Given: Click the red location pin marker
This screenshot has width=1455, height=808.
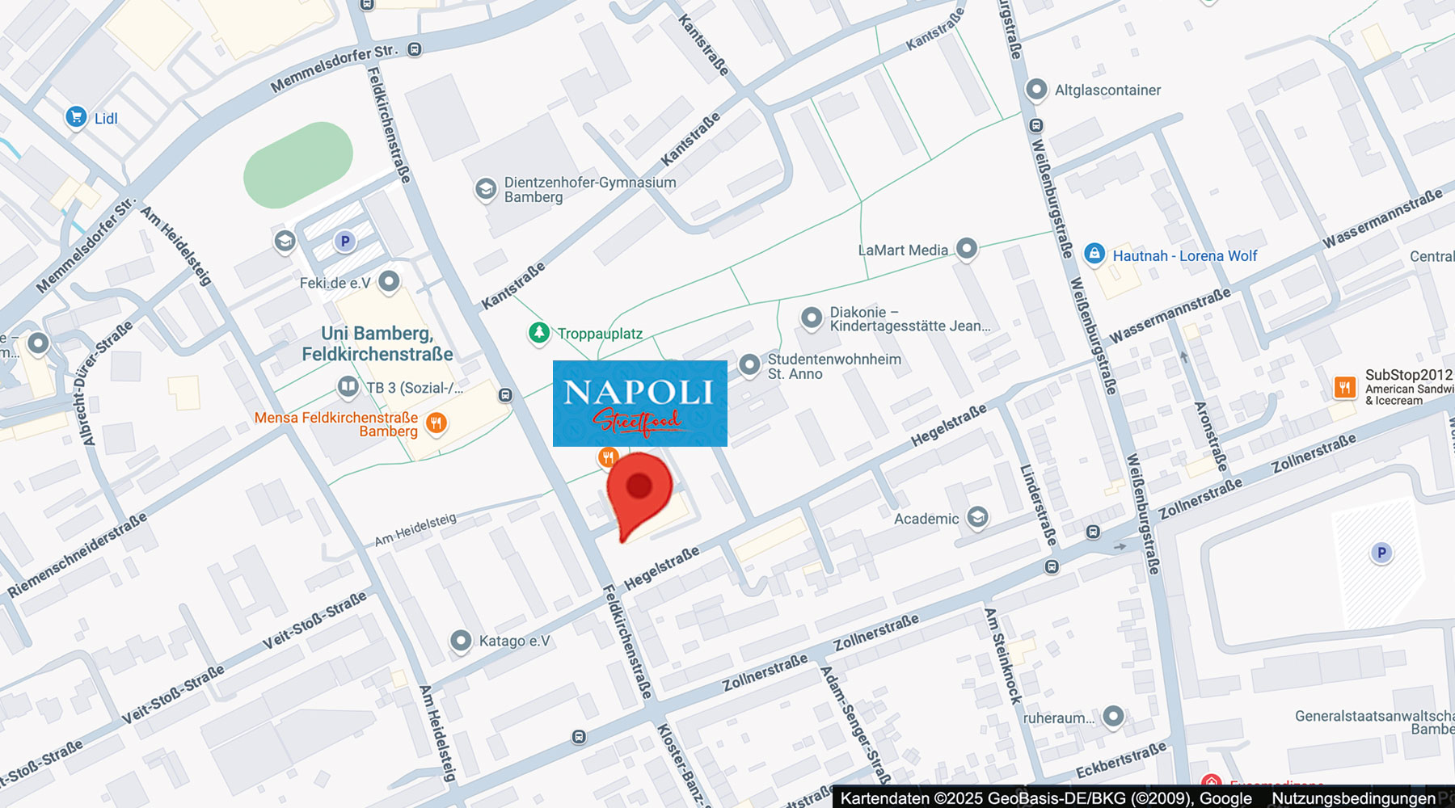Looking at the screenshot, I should [x=639, y=490].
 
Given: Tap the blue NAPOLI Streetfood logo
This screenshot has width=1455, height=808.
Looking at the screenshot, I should [x=639, y=403].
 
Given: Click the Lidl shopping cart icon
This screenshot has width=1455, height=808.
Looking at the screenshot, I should [x=76, y=117].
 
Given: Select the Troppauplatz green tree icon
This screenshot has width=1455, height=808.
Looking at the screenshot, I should [x=539, y=332].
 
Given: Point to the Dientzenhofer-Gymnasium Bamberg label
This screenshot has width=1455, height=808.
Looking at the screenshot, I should [x=589, y=190].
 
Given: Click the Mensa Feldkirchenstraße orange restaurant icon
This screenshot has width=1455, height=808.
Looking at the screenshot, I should [x=436, y=423].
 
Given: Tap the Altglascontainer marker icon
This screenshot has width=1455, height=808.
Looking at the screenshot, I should [x=1036, y=89].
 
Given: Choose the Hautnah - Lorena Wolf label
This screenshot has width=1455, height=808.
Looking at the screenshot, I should [x=1184, y=256].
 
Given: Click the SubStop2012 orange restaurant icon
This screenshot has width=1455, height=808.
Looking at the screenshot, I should [x=1345, y=387].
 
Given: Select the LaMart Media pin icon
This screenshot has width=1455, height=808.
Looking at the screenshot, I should [x=967, y=248].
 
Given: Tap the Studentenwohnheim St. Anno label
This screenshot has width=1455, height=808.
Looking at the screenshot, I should [x=833, y=367].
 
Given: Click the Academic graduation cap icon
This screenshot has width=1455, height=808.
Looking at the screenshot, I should [x=977, y=517].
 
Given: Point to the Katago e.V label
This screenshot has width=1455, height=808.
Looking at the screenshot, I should [x=514, y=641].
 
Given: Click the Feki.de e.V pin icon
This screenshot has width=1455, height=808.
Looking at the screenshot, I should [x=389, y=280].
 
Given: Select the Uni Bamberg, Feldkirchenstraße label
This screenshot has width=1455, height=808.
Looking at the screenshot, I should [x=377, y=344].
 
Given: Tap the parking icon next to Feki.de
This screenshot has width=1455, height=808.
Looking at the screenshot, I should [x=345, y=241].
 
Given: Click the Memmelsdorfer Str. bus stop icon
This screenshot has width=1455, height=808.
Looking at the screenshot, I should [x=415, y=50].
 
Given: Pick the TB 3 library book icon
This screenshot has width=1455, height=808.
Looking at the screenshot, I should [x=348, y=387].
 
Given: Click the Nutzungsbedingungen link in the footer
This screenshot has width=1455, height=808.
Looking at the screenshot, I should [x=1353, y=798].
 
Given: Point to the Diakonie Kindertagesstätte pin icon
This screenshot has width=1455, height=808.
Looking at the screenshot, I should [x=812, y=318].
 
